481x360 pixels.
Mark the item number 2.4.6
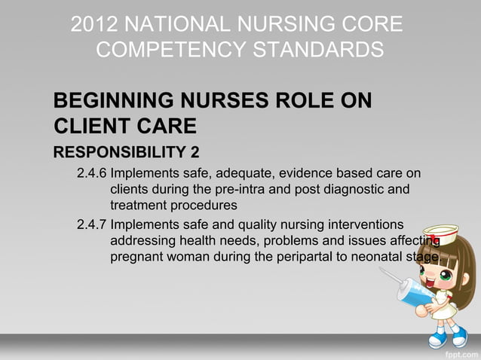[x=92, y=175]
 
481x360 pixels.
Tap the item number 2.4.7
[x=92, y=224]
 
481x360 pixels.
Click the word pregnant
[x=139, y=257]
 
